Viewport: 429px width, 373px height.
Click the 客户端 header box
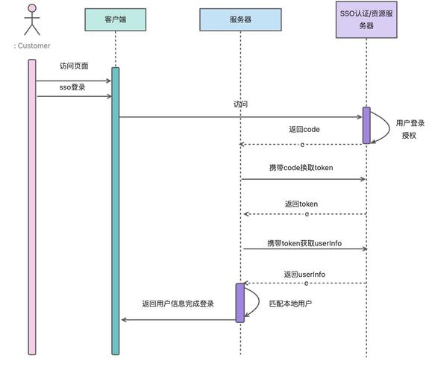(x=116, y=19)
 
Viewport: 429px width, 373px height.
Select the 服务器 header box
(x=240, y=19)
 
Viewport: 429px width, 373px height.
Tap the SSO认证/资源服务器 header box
(x=366, y=19)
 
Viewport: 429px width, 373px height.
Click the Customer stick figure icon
(x=31, y=19)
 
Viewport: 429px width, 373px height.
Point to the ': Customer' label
(x=31, y=46)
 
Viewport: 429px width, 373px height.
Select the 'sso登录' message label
(x=73, y=87)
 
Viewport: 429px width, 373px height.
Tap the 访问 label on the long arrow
(x=240, y=105)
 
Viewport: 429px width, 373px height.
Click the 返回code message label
(x=304, y=129)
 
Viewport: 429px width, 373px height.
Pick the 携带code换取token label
(x=301, y=168)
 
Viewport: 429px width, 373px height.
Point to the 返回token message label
(x=301, y=204)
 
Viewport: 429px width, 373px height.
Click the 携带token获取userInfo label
(x=304, y=243)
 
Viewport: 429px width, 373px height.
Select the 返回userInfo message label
(x=304, y=275)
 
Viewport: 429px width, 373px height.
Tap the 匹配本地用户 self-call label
(x=290, y=304)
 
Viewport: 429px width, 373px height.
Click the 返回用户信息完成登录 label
(x=178, y=304)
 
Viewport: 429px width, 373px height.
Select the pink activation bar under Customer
(x=32, y=206)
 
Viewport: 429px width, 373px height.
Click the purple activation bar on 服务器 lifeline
(x=240, y=302)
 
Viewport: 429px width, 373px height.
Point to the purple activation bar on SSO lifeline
(x=366, y=125)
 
